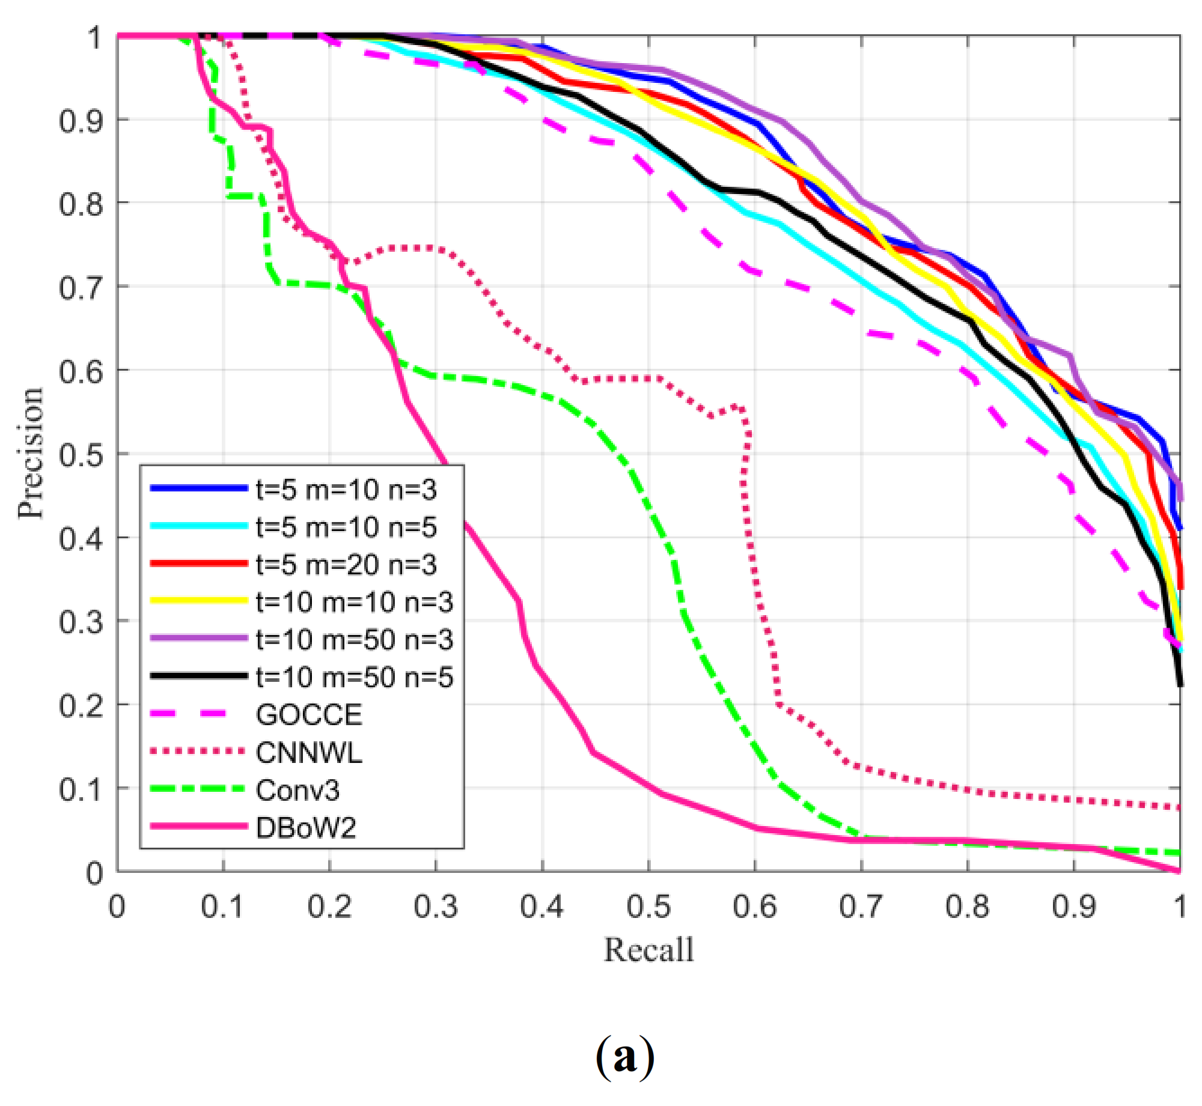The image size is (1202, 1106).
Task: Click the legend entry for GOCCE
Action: point(309,715)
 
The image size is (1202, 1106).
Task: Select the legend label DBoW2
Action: point(306,828)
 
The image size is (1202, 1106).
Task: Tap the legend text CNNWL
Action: point(309,753)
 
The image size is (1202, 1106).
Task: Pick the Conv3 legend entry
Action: point(297,791)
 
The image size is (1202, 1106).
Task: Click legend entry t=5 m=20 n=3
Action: point(346,565)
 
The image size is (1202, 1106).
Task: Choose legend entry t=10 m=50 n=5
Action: point(355,678)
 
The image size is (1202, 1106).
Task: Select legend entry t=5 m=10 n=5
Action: point(346,527)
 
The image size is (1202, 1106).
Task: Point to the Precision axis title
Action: point(30,453)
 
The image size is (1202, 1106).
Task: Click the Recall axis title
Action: point(648,950)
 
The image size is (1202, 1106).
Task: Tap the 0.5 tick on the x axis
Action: point(648,907)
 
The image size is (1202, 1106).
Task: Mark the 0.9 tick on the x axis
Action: point(1074,907)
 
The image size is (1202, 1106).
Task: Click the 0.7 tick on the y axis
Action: point(81,287)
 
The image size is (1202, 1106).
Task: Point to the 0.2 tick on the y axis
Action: point(81,705)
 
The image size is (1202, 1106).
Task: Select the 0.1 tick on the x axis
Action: point(222,907)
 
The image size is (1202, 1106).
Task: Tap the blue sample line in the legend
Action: point(198,488)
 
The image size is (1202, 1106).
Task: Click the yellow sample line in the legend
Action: point(198,601)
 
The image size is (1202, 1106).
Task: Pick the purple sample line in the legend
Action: point(198,638)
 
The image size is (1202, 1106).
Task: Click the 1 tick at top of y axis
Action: point(94,38)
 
